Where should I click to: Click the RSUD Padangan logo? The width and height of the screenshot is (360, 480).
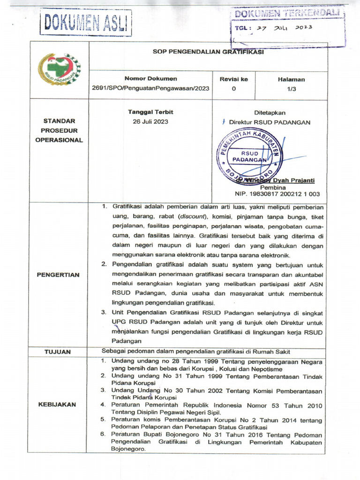[59, 69]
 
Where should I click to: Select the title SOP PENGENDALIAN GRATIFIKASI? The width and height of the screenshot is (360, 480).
[208, 52]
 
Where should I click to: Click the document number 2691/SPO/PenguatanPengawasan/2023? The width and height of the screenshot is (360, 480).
[150, 89]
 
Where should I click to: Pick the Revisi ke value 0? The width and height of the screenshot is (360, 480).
[233, 89]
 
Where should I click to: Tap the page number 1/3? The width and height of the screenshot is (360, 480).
[291, 89]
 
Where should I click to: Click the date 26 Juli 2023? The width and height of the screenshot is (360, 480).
[150, 121]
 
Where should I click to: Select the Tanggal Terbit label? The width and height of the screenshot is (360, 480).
[150, 112]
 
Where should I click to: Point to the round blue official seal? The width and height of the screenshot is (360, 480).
[249, 156]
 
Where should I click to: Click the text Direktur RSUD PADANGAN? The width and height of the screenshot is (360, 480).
[270, 122]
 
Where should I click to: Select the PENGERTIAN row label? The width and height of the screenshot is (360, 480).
[58, 275]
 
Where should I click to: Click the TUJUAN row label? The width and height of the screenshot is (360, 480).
[58, 351]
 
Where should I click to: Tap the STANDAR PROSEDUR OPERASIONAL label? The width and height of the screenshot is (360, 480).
[59, 130]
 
